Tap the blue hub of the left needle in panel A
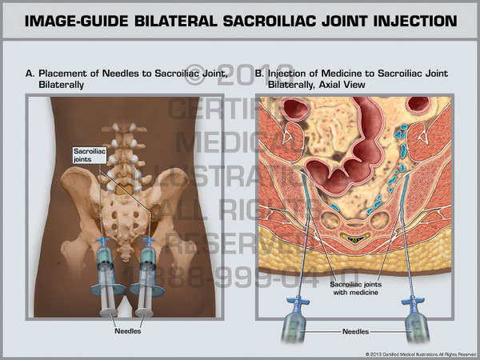(102, 242)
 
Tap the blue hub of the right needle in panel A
(147, 242)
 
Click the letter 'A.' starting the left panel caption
(30, 74)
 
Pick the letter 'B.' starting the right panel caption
(259, 74)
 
